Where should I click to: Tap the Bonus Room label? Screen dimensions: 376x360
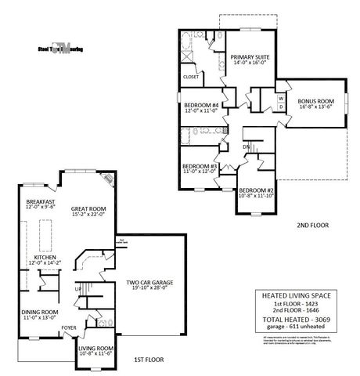click(315, 102)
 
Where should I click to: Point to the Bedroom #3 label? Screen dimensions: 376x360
click(200, 166)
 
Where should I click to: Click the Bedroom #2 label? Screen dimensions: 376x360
click(257, 191)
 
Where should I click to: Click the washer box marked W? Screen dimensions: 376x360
click(280, 98)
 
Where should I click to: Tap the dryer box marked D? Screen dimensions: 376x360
click(280, 107)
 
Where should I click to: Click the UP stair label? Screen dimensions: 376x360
click(77, 288)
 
